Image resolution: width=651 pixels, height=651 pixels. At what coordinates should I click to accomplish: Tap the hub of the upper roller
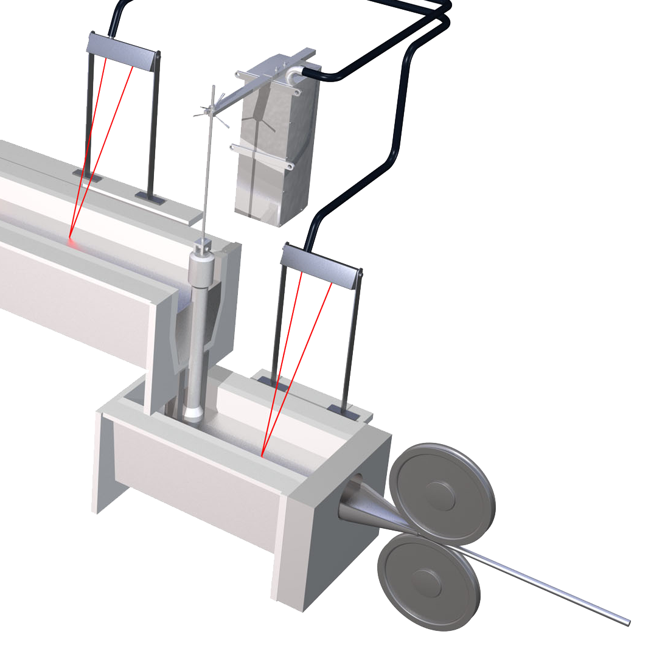pyautogui.click(x=440, y=495)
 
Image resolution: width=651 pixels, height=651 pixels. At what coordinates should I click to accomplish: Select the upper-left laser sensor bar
pyautogui.click(x=125, y=52)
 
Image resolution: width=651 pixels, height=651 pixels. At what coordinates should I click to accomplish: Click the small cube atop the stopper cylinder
pyautogui.click(x=203, y=247)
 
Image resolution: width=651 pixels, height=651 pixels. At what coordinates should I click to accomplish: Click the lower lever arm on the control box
pyautogui.click(x=262, y=155)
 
